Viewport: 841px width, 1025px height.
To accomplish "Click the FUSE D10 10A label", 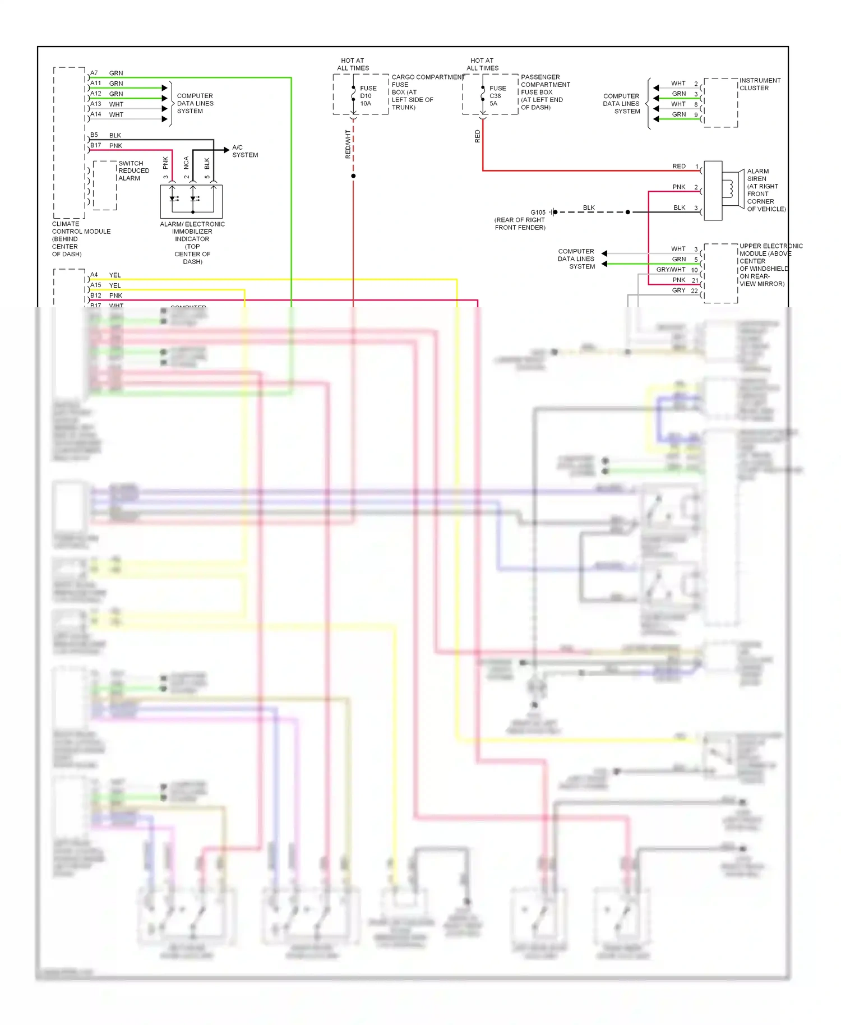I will click(367, 96).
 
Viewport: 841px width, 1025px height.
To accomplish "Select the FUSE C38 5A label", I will click(497, 96).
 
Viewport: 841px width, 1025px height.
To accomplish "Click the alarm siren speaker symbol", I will click(729, 190).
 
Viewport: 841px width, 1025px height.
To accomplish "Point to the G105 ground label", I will click(537, 213).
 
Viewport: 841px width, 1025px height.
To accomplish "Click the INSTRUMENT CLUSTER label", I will click(759, 84).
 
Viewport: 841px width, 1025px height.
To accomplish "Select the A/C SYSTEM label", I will click(245, 151).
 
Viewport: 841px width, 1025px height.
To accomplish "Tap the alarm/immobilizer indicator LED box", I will click(191, 201).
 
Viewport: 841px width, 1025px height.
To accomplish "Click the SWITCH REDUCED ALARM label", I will click(133, 170).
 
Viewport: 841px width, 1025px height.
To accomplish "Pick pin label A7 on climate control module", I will click(94, 73).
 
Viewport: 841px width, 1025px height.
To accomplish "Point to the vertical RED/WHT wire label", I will click(348, 145).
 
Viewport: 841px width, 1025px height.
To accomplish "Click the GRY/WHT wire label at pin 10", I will click(671, 270).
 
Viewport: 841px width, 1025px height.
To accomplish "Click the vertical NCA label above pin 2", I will click(186, 163).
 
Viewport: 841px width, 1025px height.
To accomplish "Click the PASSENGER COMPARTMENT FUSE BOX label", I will click(544, 92).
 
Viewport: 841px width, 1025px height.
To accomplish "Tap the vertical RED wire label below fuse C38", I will click(478, 136).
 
